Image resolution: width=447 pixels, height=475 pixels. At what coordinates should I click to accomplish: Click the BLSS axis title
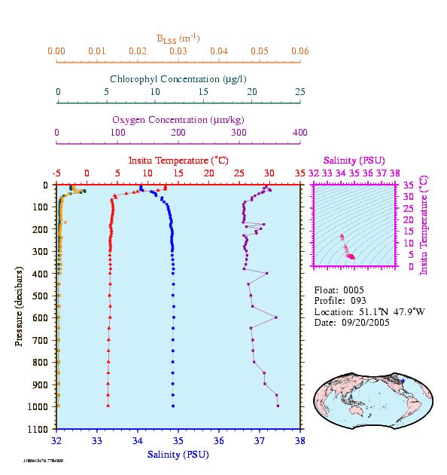178,38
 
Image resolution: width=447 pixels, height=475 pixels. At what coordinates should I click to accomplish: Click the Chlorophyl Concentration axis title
178,79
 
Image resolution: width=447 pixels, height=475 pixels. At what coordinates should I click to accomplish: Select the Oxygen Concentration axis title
178,120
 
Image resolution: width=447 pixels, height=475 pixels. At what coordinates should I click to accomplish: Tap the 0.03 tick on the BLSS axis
178,51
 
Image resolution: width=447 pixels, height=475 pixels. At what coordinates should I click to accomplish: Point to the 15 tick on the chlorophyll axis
203,91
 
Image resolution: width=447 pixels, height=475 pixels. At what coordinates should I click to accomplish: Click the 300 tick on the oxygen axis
239,133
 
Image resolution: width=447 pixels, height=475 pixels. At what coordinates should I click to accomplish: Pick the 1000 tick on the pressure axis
38,406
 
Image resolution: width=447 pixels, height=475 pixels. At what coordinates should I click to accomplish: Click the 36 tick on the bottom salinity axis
219,440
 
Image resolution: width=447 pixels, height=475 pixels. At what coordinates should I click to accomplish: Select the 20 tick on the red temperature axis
208,173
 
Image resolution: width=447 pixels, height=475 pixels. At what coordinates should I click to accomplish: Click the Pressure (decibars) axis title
19,306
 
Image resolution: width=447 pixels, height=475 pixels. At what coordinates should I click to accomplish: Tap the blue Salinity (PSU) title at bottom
178,455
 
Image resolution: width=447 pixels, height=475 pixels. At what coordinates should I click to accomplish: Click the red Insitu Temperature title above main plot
178,161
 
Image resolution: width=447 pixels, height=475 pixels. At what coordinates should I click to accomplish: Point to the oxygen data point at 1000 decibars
278,406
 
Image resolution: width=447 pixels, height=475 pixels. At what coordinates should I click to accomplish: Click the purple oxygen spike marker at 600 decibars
276,317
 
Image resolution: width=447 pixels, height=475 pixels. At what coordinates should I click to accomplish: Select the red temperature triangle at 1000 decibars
108,406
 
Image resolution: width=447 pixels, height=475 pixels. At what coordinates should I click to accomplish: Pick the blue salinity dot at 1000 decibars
173,406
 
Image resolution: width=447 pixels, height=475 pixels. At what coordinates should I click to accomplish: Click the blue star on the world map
403,381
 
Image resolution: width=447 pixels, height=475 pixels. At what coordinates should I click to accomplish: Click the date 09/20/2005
366,323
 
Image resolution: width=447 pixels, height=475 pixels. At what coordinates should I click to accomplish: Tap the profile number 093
358,301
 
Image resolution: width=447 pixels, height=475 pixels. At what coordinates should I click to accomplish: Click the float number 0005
354,290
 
